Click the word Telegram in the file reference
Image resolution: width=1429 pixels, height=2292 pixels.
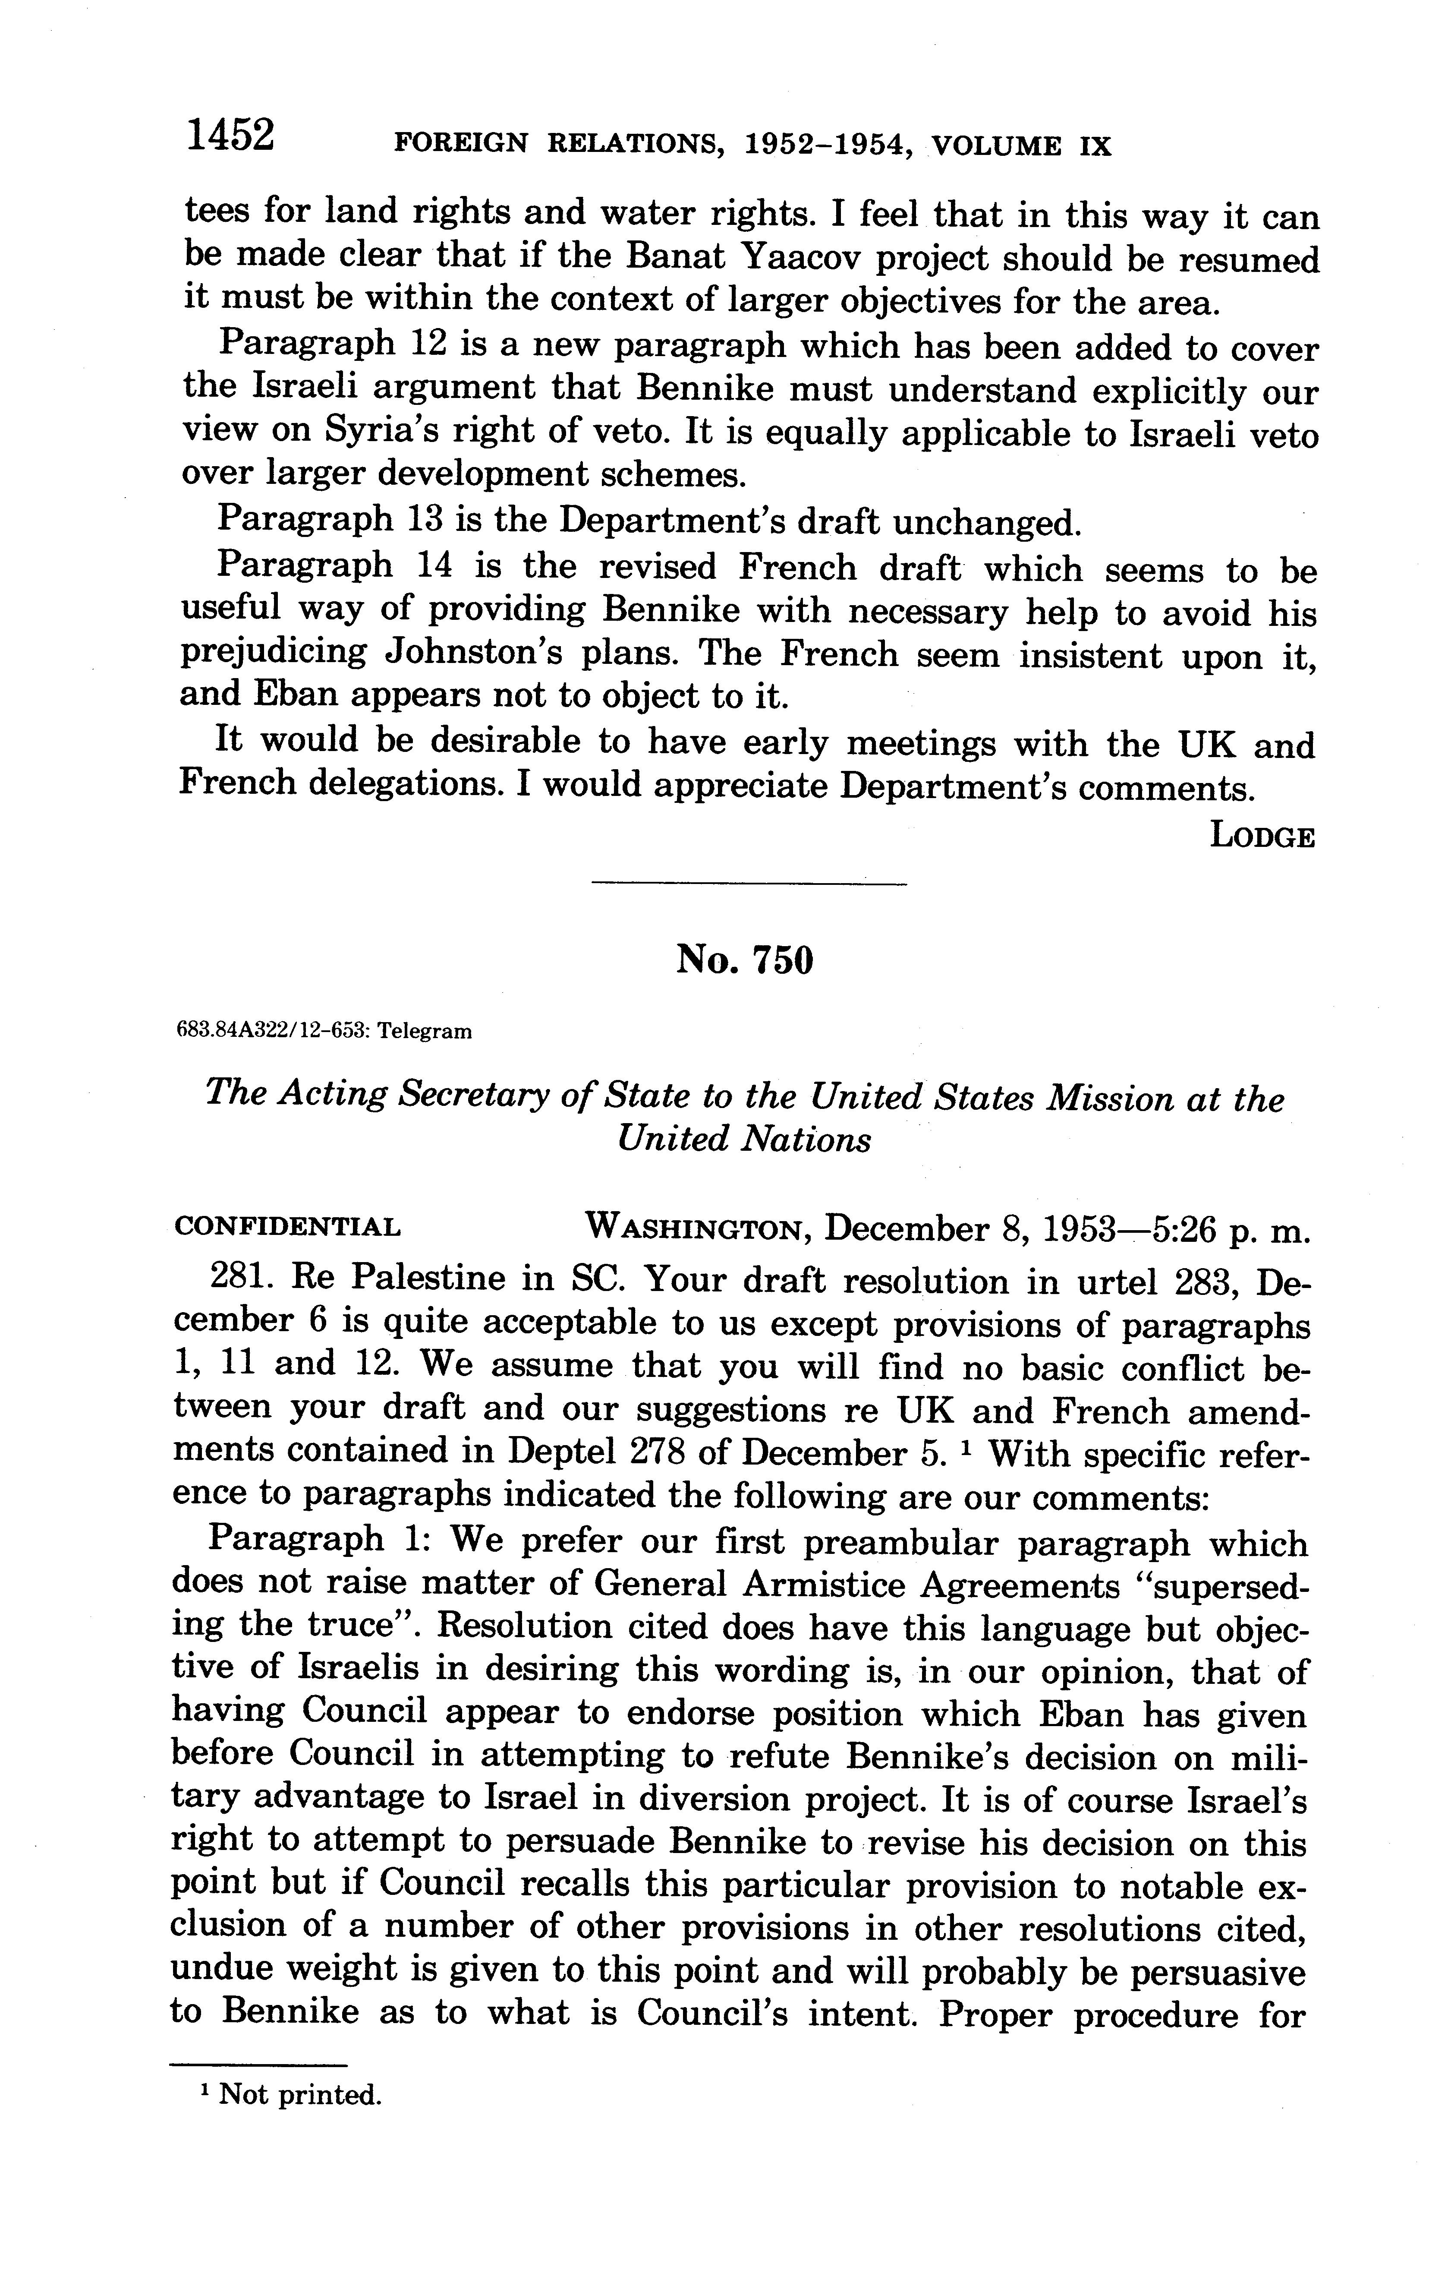[425, 1032]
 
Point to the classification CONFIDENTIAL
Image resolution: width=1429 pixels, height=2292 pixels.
[287, 1227]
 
